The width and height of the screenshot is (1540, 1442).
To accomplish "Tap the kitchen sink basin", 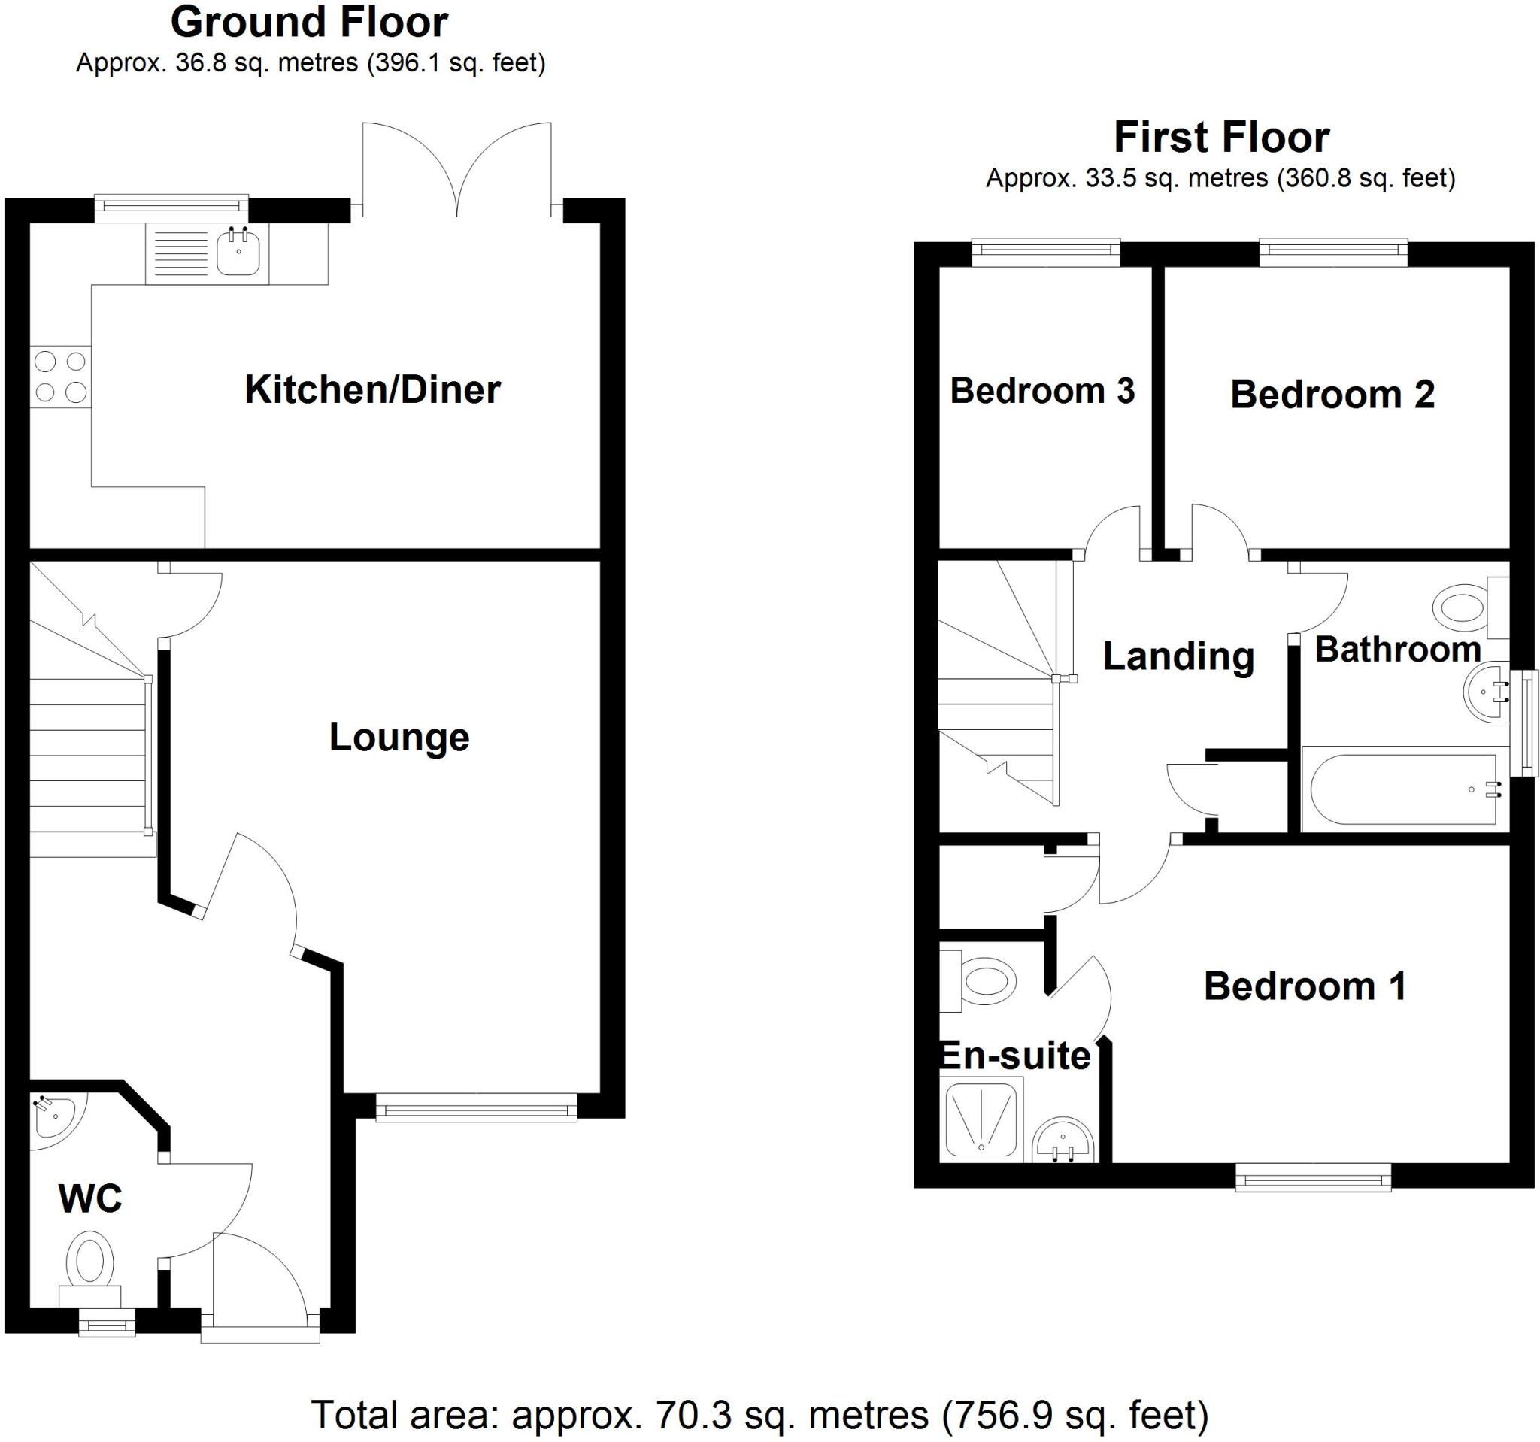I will pyautogui.click(x=238, y=253).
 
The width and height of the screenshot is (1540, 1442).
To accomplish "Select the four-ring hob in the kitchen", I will pyautogui.click(x=60, y=377).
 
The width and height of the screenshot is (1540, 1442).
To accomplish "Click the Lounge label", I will pyautogui.click(x=399, y=737).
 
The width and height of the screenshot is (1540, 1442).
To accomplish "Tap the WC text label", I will pyautogui.click(x=90, y=1200).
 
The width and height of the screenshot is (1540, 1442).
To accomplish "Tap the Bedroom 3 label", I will pyautogui.click(x=1042, y=390).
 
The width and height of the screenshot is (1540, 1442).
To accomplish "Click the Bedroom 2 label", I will pyautogui.click(x=1332, y=395).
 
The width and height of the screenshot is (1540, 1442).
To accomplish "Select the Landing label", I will pyautogui.click(x=1178, y=657).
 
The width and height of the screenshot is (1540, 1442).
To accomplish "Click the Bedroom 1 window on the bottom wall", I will pyautogui.click(x=1313, y=1180).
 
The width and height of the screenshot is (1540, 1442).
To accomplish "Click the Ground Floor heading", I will pyautogui.click(x=308, y=23).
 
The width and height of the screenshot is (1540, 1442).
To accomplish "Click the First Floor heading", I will pyautogui.click(x=1221, y=138).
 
